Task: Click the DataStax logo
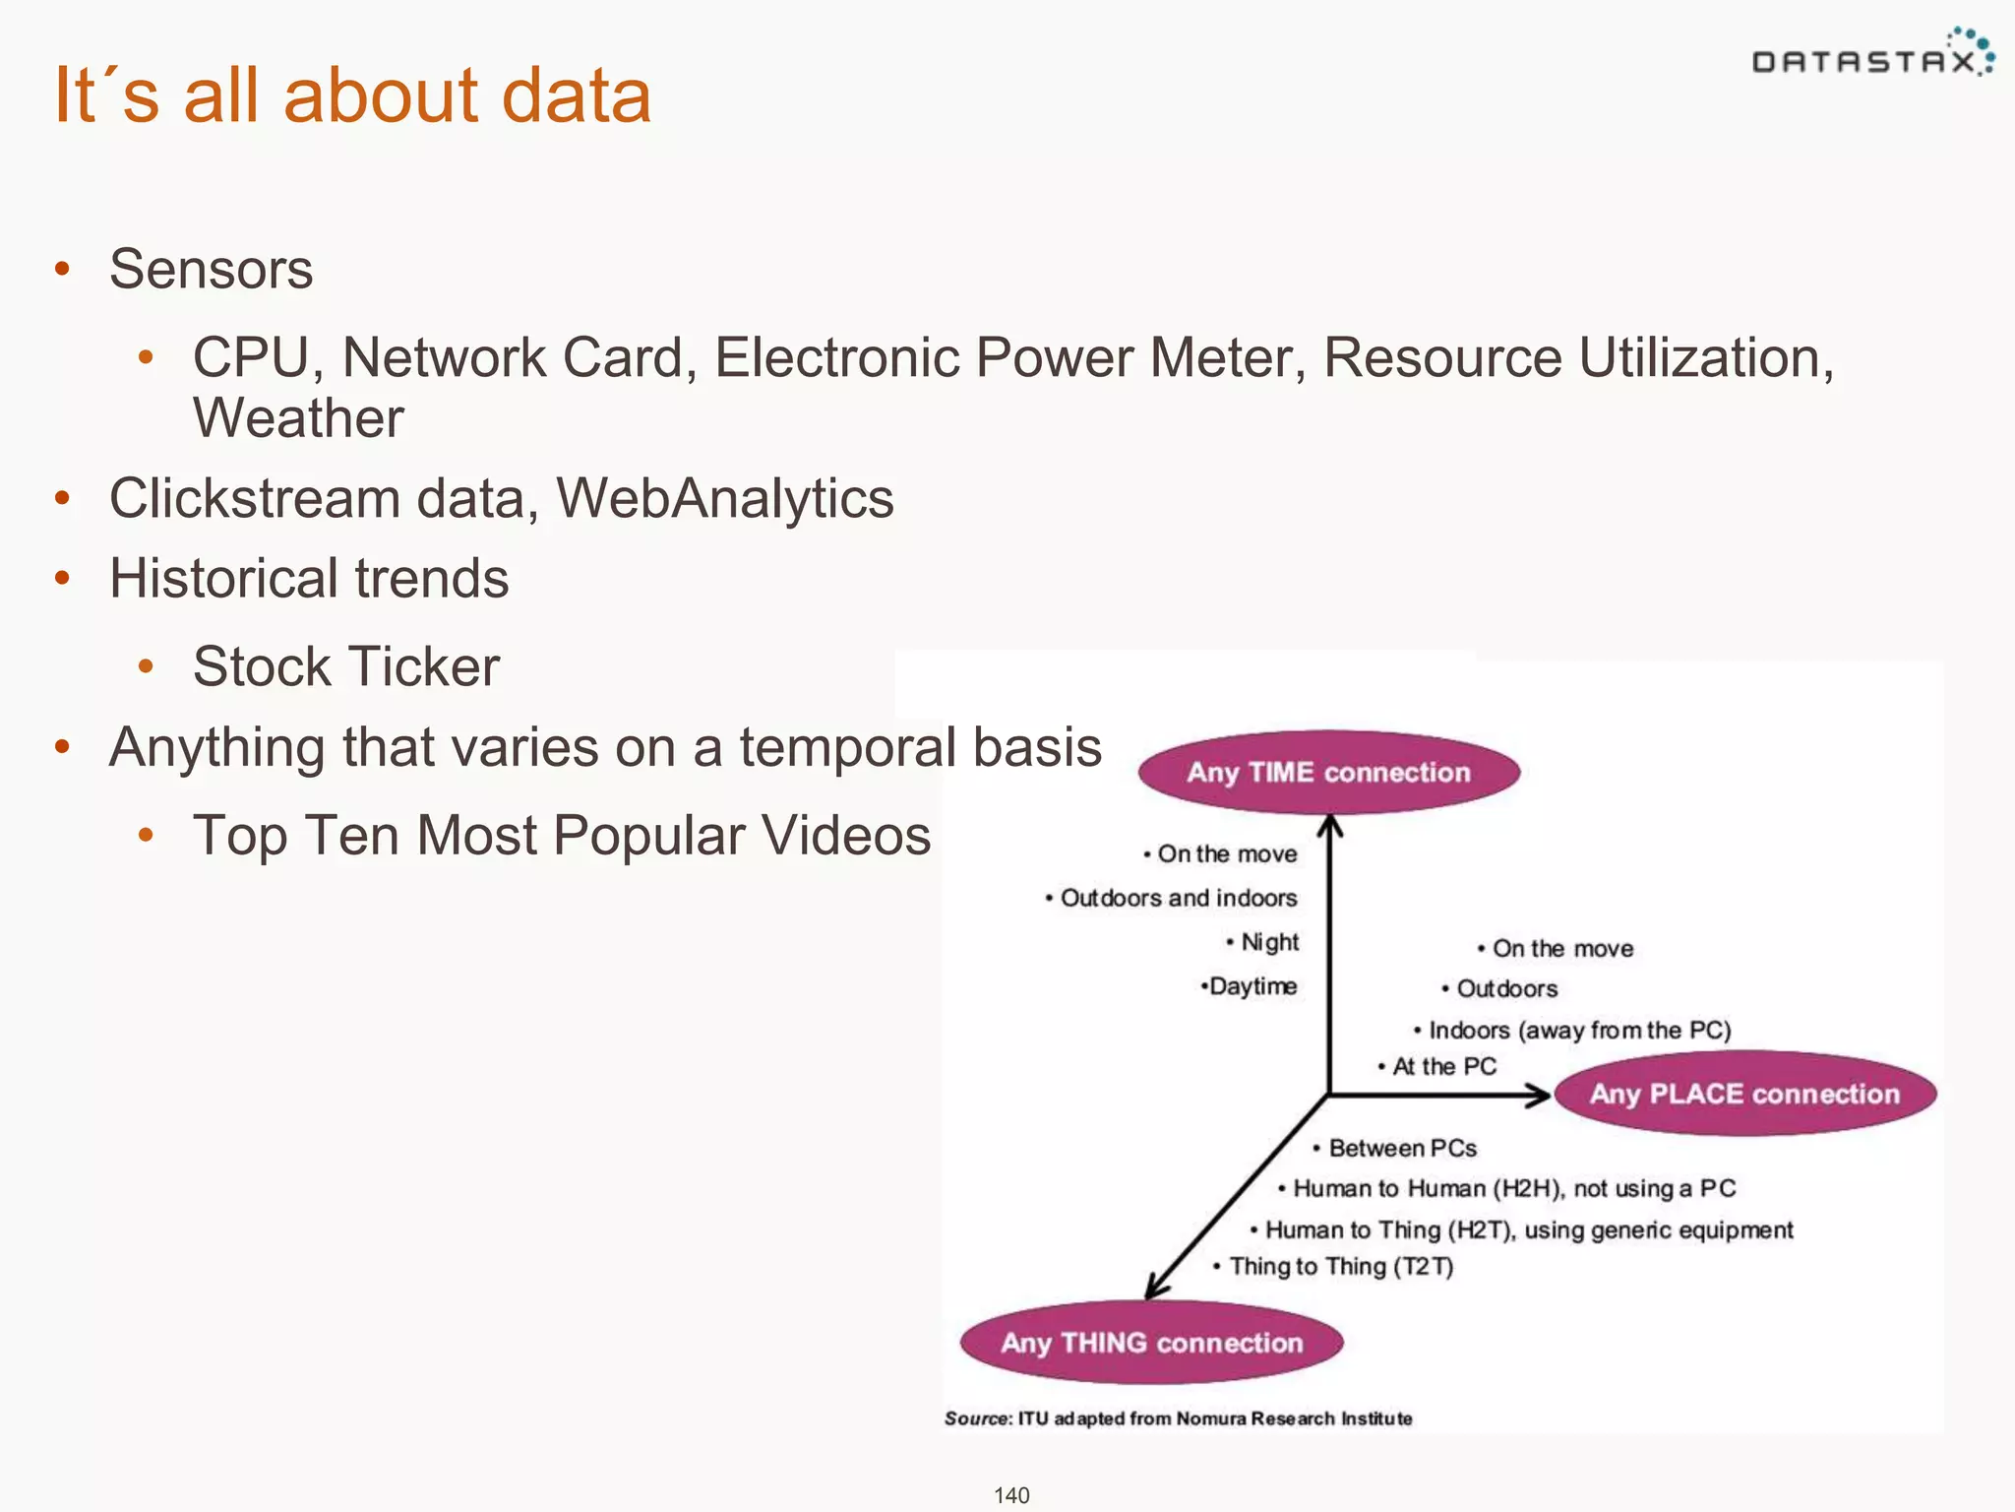(1871, 59)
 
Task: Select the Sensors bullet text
(211, 269)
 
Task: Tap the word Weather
(298, 417)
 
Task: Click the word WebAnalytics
(725, 498)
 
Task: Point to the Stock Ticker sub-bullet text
(346, 666)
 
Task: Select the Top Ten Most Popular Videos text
(561, 836)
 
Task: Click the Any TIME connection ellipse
(1328, 772)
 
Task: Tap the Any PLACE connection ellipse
(1744, 1094)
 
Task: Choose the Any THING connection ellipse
(1151, 1343)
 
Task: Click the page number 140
(1010, 1495)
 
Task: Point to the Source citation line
(1178, 1418)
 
